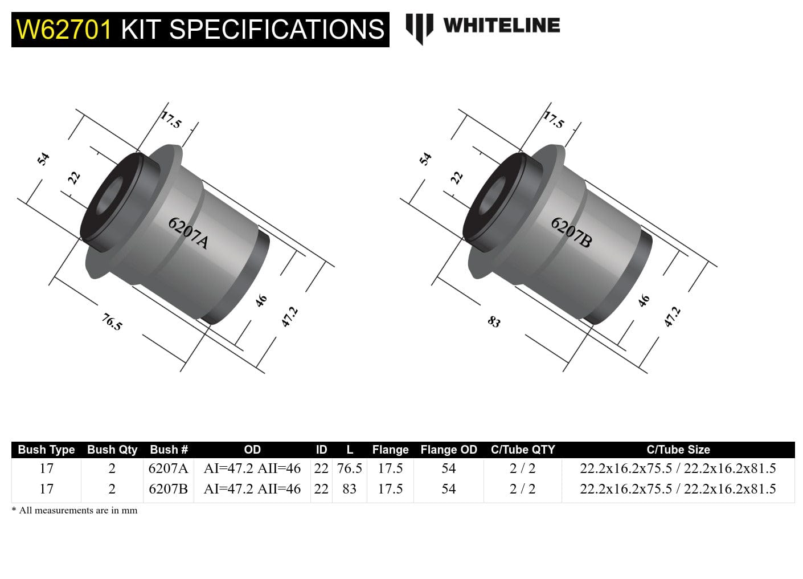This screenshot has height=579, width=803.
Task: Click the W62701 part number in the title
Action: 64,29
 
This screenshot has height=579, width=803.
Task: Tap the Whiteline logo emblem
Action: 419,28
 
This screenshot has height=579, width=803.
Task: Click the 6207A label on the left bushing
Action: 188,233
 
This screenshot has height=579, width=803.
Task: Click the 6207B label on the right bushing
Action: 571,233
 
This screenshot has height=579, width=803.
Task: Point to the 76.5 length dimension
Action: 112,322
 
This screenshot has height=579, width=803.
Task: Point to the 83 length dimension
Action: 494,322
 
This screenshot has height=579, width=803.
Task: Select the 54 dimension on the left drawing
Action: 43,158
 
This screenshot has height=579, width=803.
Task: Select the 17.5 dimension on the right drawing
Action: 553,120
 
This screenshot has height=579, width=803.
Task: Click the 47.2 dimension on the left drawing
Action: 289,317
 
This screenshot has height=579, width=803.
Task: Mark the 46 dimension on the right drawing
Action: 644,300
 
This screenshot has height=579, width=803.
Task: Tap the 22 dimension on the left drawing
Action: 74,178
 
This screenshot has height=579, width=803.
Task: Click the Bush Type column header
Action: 46,450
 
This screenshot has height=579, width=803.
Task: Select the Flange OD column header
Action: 448,450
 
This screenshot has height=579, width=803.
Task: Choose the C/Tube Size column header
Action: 678,450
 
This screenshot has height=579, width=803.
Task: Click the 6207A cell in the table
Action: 168,468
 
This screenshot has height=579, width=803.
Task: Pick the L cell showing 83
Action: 349,489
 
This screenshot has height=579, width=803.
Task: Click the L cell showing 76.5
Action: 349,468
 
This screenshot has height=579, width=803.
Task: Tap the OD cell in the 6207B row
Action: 252,489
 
